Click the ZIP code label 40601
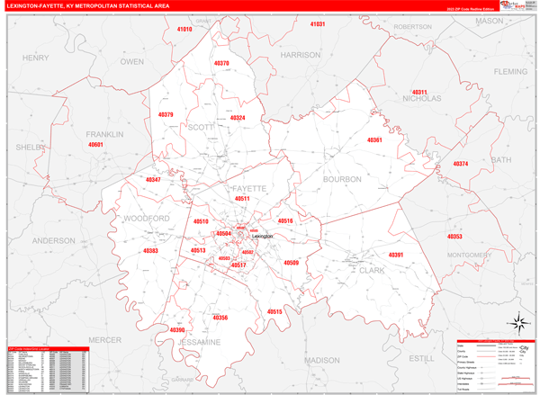[x=95, y=145]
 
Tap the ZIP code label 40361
[x=375, y=140]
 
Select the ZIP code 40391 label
[x=396, y=255]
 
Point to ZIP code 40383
[x=149, y=251]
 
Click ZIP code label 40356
[x=220, y=318]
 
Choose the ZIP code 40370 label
[x=222, y=64]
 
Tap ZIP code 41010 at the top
[x=184, y=30]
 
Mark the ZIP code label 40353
[x=454, y=237]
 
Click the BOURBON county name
[x=342, y=179]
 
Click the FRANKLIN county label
[x=105, y=134]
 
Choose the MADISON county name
[x=322, y=360]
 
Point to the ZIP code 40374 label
[x=461, y=164]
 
